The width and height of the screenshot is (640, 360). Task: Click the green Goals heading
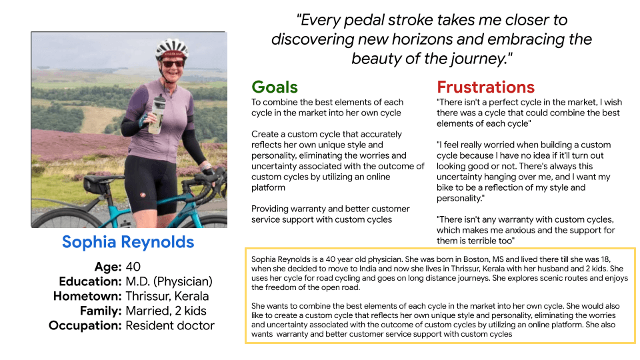pyautogui.click(x=275, y=87)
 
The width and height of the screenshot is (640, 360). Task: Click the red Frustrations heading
pyautogui.click(x=485, y=87)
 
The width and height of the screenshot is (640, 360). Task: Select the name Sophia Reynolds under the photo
pyautogui.click(x=128, y=242)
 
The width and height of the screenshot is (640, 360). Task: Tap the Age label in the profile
pyautogui.click(x=109, y=267)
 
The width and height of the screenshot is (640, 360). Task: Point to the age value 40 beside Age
pyautogui.click(x=133, y=267)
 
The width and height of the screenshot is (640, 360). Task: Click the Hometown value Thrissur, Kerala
pyautogui.click(x=167, y=296)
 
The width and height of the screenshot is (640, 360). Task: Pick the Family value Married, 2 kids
pyautogui.click(x=166, y=311)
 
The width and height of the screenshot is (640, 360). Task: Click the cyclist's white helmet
pyautogui.click(x=171, y=47)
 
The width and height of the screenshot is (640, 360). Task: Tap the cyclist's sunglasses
pyautogui.click(x=172, y=63)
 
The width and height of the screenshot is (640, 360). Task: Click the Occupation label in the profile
pyautogui.click(x=85, y=325)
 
